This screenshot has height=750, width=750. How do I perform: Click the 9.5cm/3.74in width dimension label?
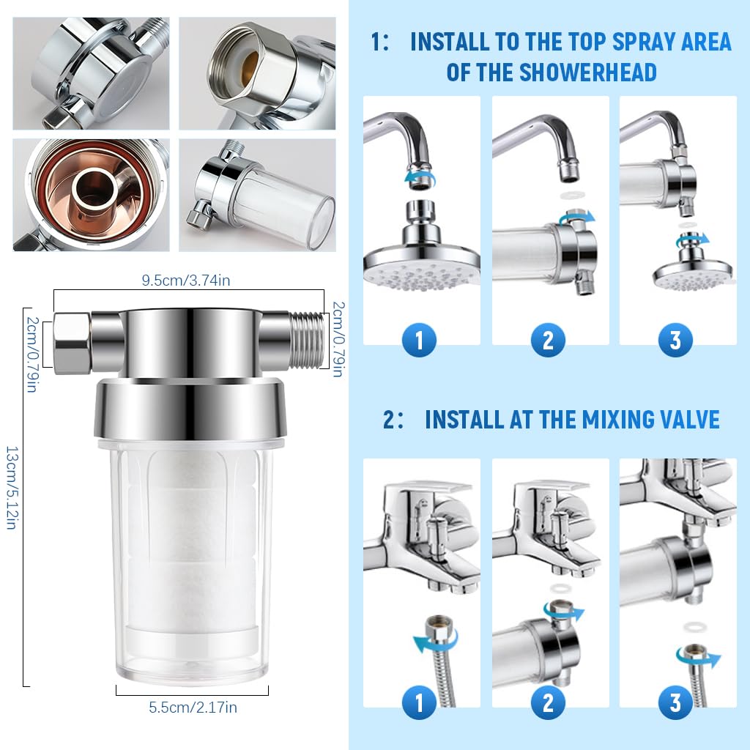[x=188, y=279]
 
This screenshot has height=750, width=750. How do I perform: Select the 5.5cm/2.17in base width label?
[x=193, y=708]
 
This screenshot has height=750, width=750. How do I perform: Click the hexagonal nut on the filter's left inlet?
[x=73, y=342]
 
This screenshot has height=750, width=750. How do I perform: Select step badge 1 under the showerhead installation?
[x=420, y=340]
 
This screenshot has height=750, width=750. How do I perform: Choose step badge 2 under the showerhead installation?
[x=548, y=340]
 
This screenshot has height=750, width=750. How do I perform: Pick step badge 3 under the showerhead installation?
[x=675, y=340]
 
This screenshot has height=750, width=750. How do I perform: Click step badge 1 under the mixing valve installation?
[x=420, y=703]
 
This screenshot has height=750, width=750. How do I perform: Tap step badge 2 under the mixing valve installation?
[x=548, y=703]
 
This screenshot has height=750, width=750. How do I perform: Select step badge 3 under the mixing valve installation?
[x=675, y=703]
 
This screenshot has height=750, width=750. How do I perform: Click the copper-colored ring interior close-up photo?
[x=91, y=195]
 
